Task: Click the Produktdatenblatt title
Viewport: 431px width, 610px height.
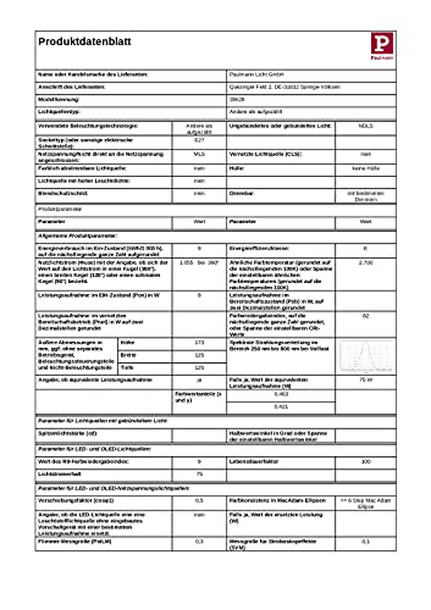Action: [84, 42]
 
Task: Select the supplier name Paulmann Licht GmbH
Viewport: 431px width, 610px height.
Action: [256, 75]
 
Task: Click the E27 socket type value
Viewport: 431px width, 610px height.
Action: [199, 140]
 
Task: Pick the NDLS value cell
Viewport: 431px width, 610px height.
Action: [366, 126]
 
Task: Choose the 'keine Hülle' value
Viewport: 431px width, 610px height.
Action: [366, 168]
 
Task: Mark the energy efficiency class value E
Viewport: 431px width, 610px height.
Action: [366, 248]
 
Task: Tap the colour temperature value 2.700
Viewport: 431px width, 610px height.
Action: [366, 263]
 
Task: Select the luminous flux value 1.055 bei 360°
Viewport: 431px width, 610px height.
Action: [199, 263]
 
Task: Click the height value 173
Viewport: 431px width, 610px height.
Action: [199, 343]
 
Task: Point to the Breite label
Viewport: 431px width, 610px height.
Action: [128, 355]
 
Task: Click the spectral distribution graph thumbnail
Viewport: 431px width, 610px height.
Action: [366, 356]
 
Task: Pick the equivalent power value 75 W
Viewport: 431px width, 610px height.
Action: [366, 380]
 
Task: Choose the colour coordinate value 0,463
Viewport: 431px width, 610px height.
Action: [281, 394]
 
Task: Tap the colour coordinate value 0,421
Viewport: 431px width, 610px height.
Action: [281, 407]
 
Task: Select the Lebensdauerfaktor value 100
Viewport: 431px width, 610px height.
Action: [366, 461]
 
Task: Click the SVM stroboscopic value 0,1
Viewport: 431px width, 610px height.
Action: [366, 541]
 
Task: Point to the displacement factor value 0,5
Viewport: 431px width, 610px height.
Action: [199, 500]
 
